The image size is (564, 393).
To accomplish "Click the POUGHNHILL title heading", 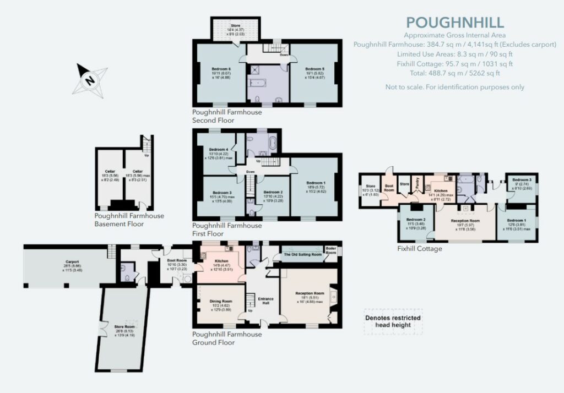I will point(454,23).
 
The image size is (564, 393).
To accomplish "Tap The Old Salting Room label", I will point(302,255).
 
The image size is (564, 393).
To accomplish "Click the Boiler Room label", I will point(331,250).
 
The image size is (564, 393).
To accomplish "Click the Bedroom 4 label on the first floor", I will point(218,150).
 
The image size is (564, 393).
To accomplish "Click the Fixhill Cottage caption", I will point(420,249).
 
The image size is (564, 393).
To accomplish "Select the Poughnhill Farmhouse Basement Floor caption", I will point(129,220).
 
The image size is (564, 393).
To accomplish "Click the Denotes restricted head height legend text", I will point(393,321).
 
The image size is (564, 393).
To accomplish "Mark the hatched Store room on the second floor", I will point(236,29).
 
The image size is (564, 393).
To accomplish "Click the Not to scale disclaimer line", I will point(454,87).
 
